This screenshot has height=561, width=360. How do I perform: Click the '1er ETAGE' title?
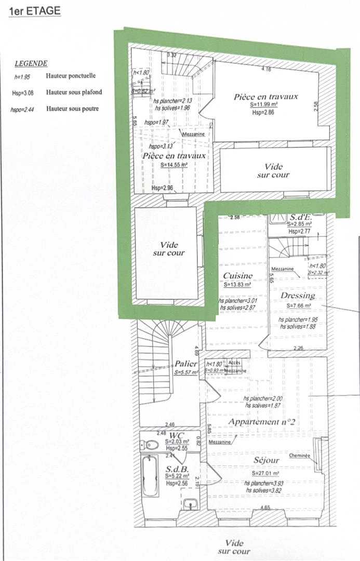[x=35, y=10]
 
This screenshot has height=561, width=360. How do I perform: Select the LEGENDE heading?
[x=31, y=63]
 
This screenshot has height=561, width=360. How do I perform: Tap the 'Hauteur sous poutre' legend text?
[x=72, y=109]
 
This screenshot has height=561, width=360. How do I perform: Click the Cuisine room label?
[x=237, y=276]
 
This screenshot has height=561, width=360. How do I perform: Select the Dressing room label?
[x=298, y=296]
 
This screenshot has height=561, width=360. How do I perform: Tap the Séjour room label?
[x=266, y=460]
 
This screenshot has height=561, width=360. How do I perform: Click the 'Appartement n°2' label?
[x=262, y=422]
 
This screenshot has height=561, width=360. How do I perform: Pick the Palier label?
[x=186, y=364]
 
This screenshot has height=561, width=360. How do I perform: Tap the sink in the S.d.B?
[x=190, y=503]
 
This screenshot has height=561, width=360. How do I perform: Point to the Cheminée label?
[x=300, y=456]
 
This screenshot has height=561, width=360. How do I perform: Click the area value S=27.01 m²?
[x=265, y=474]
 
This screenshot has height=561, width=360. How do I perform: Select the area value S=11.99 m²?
[x=265, y=105]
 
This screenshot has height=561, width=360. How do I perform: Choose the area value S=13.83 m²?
[x=237, y=285]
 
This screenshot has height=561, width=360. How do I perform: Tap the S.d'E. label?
[x=300, y=217]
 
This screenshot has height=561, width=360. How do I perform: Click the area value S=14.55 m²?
[x=174, y=165]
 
